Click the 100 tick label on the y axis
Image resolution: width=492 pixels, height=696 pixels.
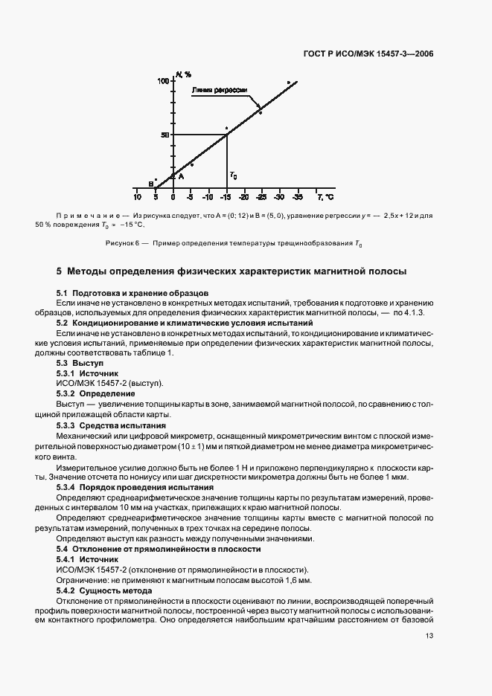tap(162, 80)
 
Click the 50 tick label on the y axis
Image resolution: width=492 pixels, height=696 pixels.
tap(164, 135)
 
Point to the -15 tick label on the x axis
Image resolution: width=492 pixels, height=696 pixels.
tap(226, 198)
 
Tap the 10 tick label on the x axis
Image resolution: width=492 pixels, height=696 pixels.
tap(138, 198)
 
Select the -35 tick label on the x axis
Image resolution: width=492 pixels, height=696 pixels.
tap(297, 198)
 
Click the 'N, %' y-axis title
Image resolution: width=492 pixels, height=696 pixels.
tap(184, 74)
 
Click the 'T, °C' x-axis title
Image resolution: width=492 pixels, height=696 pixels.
tap(326, 198)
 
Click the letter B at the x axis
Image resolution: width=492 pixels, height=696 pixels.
tap(150, 184)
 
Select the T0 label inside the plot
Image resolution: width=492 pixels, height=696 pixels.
tap(234, 175)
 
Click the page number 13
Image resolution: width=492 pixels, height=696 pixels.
tap(429, 635)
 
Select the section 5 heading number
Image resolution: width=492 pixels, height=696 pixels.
tap(60, 271)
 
